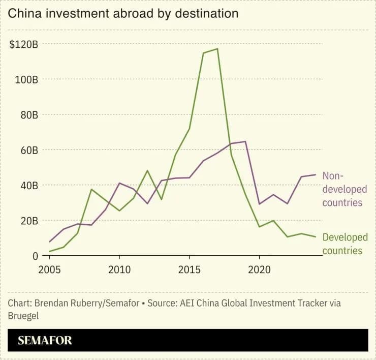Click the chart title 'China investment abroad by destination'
pyautogui.click(x=123, y=13)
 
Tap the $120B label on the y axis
pyautogui.click(x=23, y=44)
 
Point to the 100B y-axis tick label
pyautogui.click(x=26, y=80)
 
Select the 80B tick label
pyautogui.click(x=29, y=115)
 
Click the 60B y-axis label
pyautogui.click(x=29, y=150)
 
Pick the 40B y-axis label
pyautogui.click(x=29, y=186)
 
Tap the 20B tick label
pyautogui.click(x=29, y=221)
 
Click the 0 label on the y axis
pyautogui.click(x=35, y=256)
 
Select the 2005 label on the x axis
pyautogui.click(x=49, y=270)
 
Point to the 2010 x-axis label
pyautogui.click(x=119, y=270)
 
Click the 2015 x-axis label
pyautogui.click(x=190, y=270)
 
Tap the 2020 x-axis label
pyautogui.click(x=259, y=270)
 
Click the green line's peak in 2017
pyautogui.click(x=217, y=49)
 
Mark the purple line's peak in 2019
pyautogui.click(x=245, y=141)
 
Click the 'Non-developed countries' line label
pyautogui.click(x=344, y=189)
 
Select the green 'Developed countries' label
pyautogui.click(x=345, y=244)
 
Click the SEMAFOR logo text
pyautogui.click(x=45, y=341)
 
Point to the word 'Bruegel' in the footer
pyautogui.click(x=23, y=316)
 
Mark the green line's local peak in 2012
pyautogui.click(x=147, y=171)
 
